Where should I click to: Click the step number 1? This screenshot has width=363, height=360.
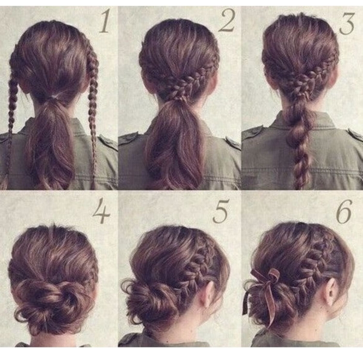coord(104,22)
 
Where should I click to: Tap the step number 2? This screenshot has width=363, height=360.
coord(227,21)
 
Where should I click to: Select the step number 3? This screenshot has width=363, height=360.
coord(347,23)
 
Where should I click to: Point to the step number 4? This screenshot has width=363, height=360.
coord(102,211)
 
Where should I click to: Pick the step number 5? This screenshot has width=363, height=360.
coord(221,211)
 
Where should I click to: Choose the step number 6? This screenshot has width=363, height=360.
coord(344,211)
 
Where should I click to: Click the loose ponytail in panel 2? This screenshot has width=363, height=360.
coord(175,144)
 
